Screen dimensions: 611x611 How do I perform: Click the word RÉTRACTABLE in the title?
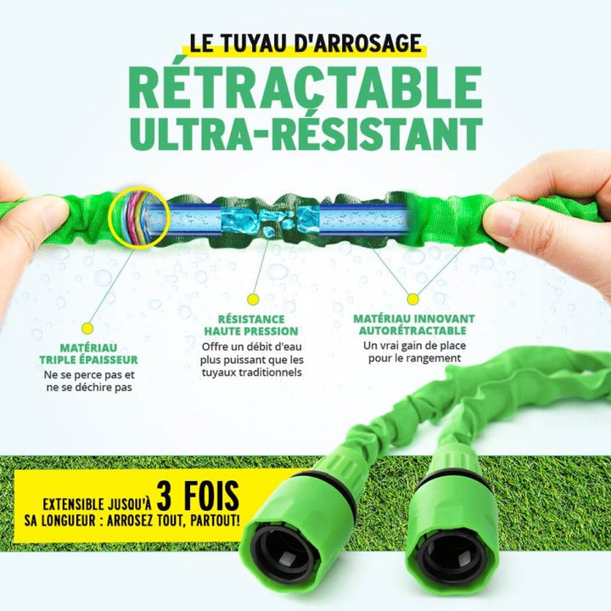click(305, 86)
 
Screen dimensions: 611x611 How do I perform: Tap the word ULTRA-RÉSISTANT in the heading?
click(305, 133)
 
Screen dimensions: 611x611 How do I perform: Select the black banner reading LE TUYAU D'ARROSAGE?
click(305, 42)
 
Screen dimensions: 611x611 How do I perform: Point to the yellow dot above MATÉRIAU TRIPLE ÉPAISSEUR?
click(87, 327)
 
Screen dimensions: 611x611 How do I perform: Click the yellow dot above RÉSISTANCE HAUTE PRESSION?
click(252, 299)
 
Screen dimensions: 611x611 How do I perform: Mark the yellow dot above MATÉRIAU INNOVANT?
click(412, 299)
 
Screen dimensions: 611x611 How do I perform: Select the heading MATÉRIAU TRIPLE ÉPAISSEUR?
click(89, 354)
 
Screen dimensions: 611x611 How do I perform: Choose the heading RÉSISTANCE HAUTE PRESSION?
click(251, 325)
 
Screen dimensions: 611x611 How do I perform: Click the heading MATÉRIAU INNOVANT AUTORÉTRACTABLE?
click(413, 324)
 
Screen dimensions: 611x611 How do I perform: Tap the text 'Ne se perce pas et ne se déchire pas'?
click(89, 381)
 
